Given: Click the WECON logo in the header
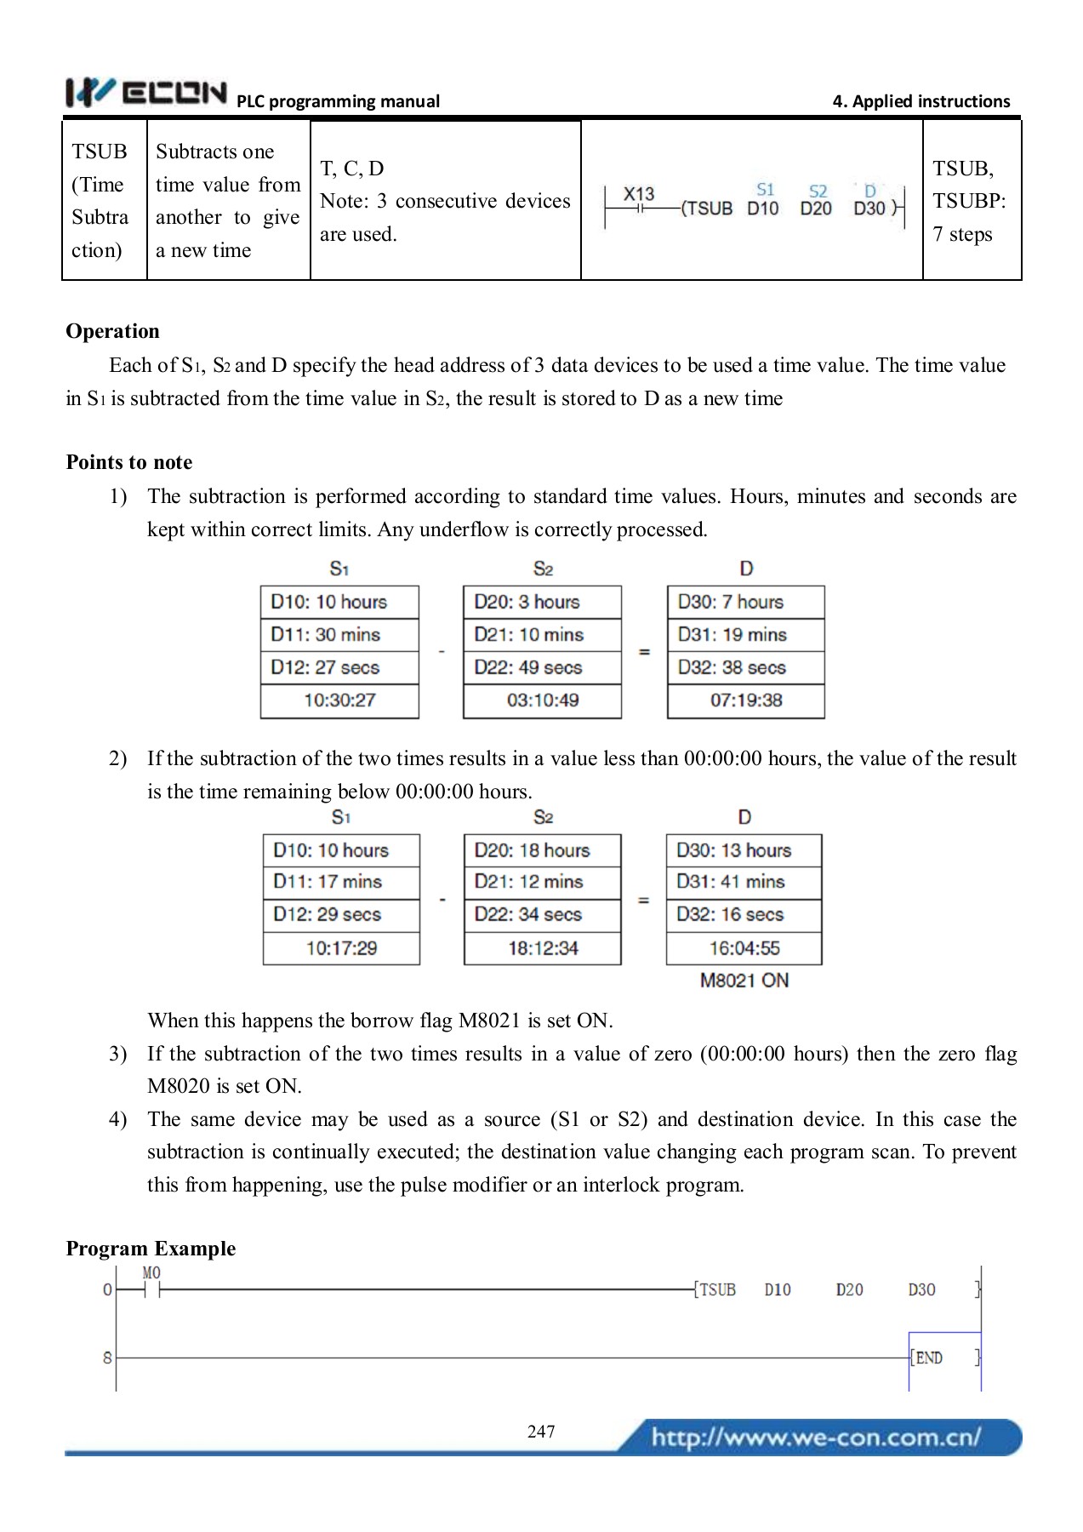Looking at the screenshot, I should pyautogui.click(x=146, y=92).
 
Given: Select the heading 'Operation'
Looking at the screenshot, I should pyautogui.click(x=112, y=331).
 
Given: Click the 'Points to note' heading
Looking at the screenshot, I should pyautogui.click(x=129, y=462).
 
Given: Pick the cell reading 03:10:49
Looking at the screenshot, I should pyautogui.click(x=543, y=700).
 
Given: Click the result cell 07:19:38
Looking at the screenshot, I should pyautogui.click(x=746, y=700).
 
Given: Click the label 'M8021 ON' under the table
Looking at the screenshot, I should pyautogui.click(x=744, y=980).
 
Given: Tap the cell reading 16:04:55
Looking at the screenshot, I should pyautogui.click(x=744, y=948).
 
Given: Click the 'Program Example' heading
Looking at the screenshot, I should pyautogui.click(x=151, y=1249).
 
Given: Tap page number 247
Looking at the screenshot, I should pyautogui.click(x=541, y=1432).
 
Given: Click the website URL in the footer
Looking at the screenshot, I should pyautogui.click(x=816, y=1438).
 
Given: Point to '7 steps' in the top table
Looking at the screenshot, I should pyautogui.click(x=962, y=234).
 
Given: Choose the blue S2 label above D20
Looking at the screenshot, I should pyautogui.click(x=818, y=191).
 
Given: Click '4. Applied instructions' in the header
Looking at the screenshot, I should pyautogui.click(x=921, y=101).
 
